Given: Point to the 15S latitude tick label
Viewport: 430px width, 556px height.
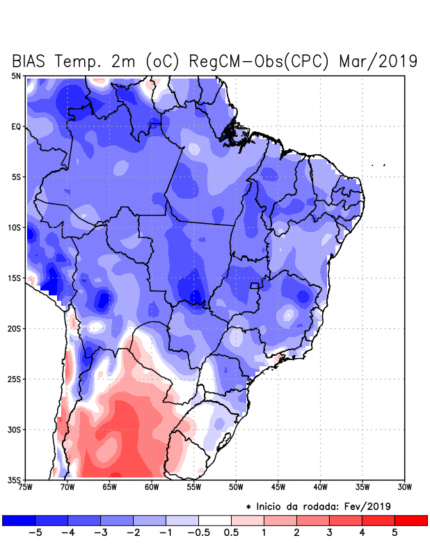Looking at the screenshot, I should (x=15, y=278).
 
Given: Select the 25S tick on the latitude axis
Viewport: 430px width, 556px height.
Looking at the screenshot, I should (x=15, y=379).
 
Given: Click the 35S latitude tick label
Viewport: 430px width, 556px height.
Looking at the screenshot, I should (x=15, y=480).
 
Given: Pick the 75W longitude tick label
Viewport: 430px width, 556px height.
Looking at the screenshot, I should (x=26, y=486).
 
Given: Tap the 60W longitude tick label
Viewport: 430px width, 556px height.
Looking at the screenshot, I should (x=152, y=486).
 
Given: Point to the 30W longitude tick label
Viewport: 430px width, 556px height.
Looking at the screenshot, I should (x=404, y=486).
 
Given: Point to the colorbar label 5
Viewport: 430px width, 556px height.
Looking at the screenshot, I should (x=395, y=533).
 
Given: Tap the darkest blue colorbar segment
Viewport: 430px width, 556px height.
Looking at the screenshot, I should (x=18, y=520).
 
